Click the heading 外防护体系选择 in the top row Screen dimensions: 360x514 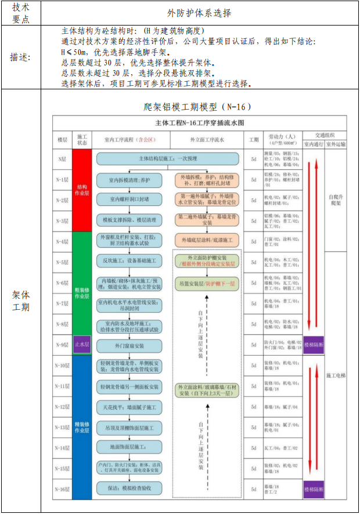[199, 12]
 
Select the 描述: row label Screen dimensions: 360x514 [21, 57]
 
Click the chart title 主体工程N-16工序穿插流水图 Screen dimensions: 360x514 [200, 123]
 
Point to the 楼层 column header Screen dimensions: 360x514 [62, 140]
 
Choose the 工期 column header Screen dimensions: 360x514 [253, 140]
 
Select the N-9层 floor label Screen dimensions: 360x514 [62, 345]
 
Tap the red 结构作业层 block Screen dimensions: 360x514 [82, 190]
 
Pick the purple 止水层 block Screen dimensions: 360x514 [82, 345]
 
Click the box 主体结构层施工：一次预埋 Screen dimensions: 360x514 [168, 158]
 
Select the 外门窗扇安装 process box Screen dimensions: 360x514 [129, 345]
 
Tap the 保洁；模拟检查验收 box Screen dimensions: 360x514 [129, 488]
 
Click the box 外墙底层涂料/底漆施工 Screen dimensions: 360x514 [207, 240]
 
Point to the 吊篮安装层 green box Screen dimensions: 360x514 [207, 283]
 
